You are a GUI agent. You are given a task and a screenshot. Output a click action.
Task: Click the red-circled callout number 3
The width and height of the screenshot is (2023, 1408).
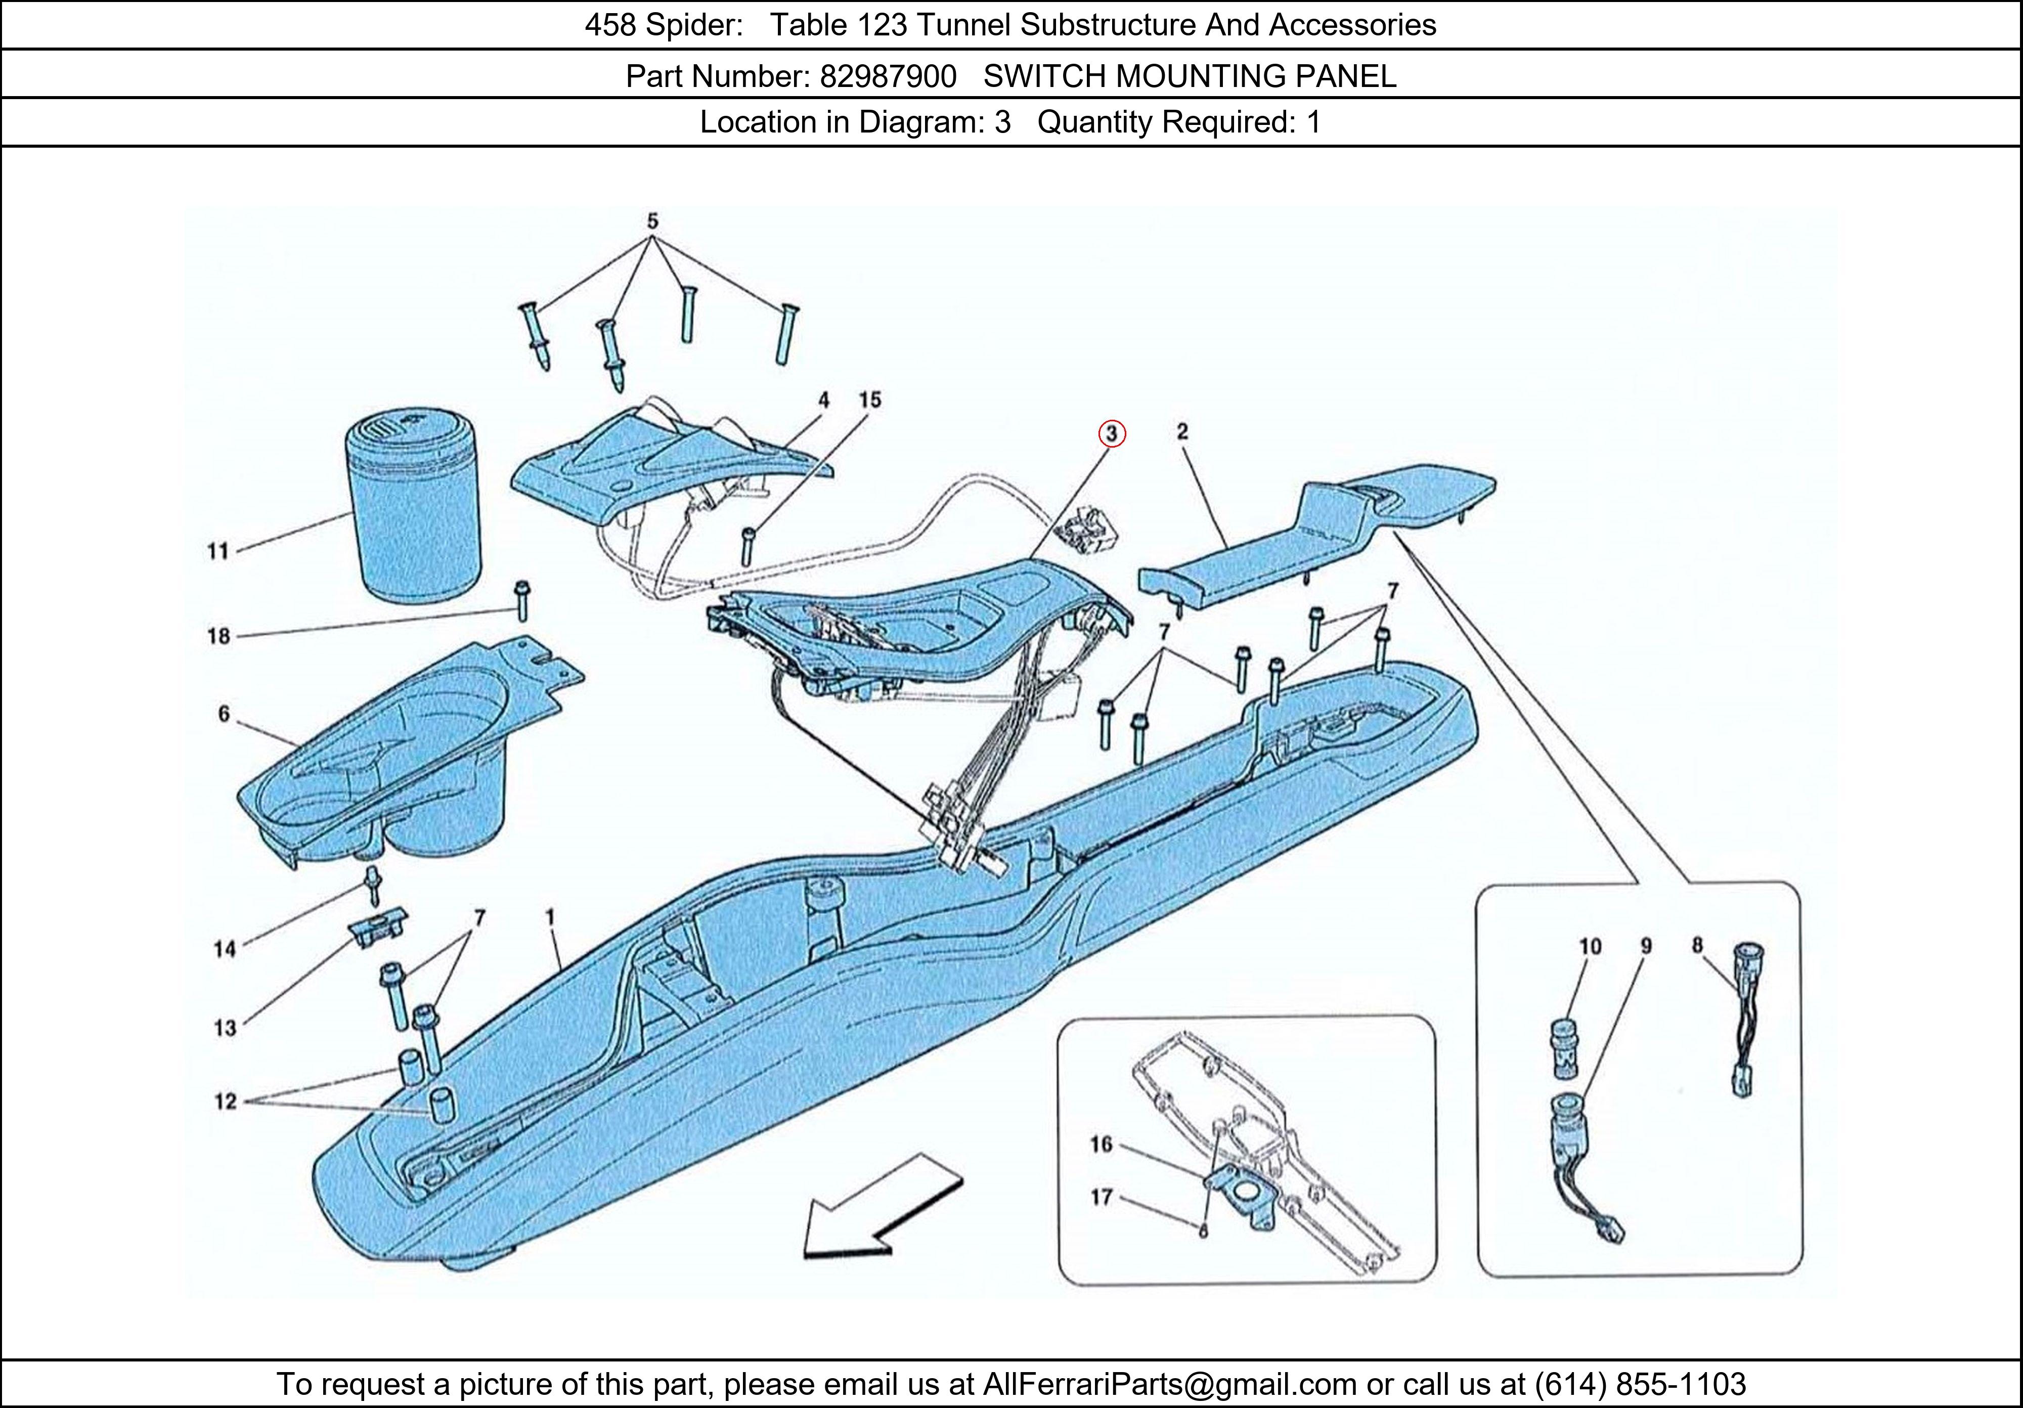click(1112, 433)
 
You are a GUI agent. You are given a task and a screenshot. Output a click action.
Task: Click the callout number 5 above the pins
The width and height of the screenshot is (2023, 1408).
click(652, 221)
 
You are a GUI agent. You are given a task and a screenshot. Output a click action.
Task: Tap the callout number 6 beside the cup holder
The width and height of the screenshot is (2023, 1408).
click(224, 714)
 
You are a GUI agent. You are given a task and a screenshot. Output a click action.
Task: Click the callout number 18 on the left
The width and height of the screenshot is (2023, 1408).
click(218, 635)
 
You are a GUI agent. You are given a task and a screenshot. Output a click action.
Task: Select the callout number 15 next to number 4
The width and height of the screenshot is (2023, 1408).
click(870, 400)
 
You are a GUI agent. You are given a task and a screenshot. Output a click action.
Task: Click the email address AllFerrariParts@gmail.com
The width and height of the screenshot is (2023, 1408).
click(1170, 1384)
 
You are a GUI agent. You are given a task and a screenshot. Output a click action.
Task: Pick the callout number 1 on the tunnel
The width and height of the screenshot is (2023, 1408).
click(550, 918)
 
